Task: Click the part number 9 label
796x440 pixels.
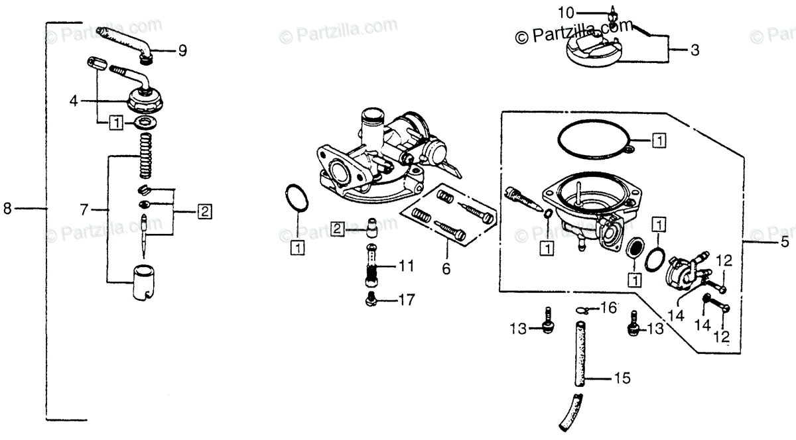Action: tap(182, 50)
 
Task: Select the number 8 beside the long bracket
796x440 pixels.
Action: tap(8, 208)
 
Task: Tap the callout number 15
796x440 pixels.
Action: tap(623, 379)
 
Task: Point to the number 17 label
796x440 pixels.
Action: tap(407, 300)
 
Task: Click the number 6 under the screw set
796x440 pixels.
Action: tap(446, 269)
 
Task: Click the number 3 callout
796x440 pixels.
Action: tap(695, 50)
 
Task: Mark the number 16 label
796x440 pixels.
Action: tap(610, 308)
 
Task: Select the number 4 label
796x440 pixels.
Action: tap(74, 101)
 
